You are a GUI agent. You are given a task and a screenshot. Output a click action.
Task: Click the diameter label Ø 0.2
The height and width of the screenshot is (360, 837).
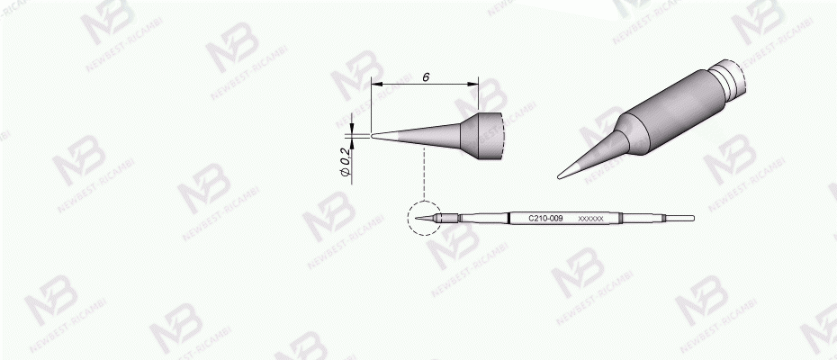pyautogui.click(x=345, y=159)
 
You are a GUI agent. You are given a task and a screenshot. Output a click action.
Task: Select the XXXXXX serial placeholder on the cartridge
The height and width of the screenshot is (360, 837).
pyautogui.click(x=590, y=219)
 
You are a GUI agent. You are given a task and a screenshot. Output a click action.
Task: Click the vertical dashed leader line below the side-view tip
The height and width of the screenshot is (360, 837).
pyautogui.click(x=423, y=175)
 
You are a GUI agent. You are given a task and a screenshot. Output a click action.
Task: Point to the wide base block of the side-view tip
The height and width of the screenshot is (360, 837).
pyautogui.click(x=481, y=136)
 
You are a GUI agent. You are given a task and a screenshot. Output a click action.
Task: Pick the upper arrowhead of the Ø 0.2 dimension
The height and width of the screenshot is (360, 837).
pyautogui.click(x=352, y=129)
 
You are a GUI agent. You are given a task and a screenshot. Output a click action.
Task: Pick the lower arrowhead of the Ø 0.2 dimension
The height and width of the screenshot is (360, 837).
pyautogui.click(x=352, y=142)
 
